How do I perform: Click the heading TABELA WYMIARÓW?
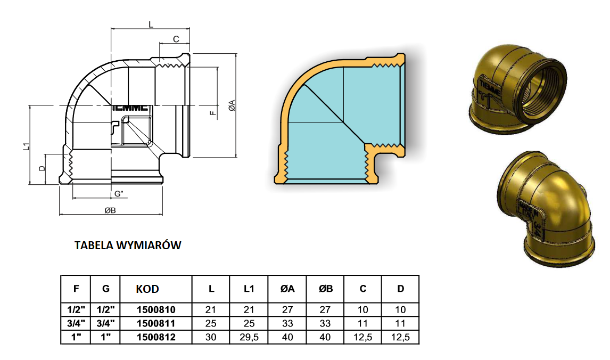[x=128, y=246]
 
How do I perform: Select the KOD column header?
[x=147, y=289]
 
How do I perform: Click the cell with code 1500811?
[x=156, y=323]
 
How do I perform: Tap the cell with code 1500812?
[x=156, y=337]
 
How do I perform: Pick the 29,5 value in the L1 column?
[x=249, y=337]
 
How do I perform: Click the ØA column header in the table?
[x=287, y=289]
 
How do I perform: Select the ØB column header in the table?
[x=325, y=289]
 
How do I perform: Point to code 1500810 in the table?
[x=156, y=309]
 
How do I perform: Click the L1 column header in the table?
[x=249, y=289]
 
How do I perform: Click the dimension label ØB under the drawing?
[x=110, y=210]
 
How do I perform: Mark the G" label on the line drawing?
[x=119, y=193]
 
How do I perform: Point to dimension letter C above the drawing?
[x=175, y=39]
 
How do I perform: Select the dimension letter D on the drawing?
[x=42, y=169]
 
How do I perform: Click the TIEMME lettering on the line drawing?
[x=131, y=108]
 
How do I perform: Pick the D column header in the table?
[x=400, y=289]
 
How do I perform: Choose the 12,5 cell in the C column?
[x=362, y=337]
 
